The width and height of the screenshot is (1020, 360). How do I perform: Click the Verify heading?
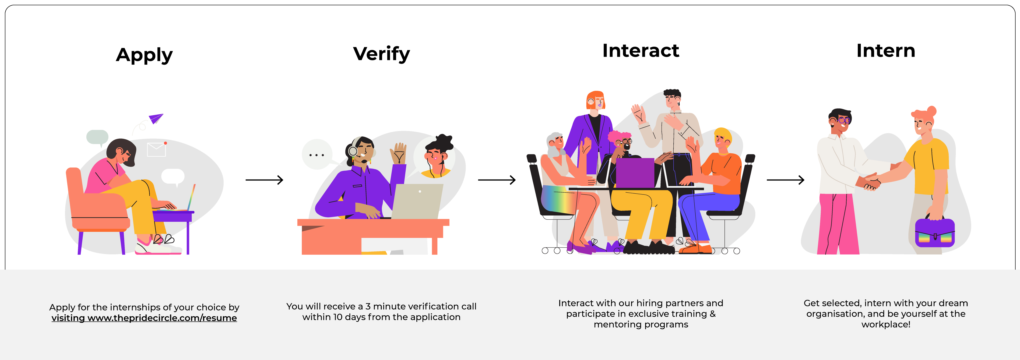tap(381, 54)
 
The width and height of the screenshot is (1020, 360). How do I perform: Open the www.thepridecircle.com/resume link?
tap(162, 318)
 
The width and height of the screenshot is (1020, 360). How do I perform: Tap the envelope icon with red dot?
tap(156, 149)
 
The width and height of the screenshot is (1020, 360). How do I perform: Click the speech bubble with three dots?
tap(317, 155)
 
